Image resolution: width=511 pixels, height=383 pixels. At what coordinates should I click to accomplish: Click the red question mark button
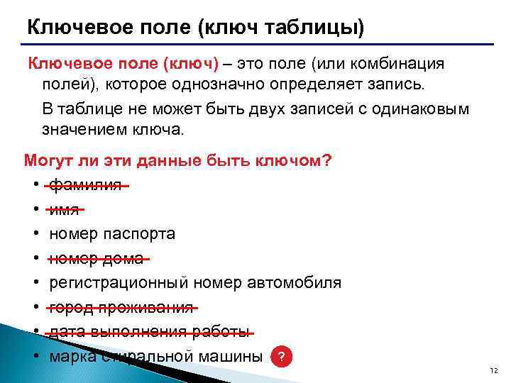pos(282,357)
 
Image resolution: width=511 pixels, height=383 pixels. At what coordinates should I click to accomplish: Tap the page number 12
pos(494,372)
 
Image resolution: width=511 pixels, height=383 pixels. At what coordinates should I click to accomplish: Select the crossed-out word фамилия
pos(86,185)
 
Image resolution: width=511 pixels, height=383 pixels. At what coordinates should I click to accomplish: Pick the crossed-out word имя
pos(65,209)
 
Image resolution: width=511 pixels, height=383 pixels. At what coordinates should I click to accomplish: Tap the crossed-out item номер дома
pos(97,258)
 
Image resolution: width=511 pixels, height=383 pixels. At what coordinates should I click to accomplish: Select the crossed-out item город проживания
pos(121,308)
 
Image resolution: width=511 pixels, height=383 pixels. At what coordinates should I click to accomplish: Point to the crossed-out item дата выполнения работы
pos(150,332)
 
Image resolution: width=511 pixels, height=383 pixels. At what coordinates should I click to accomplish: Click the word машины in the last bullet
pos(231,356)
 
